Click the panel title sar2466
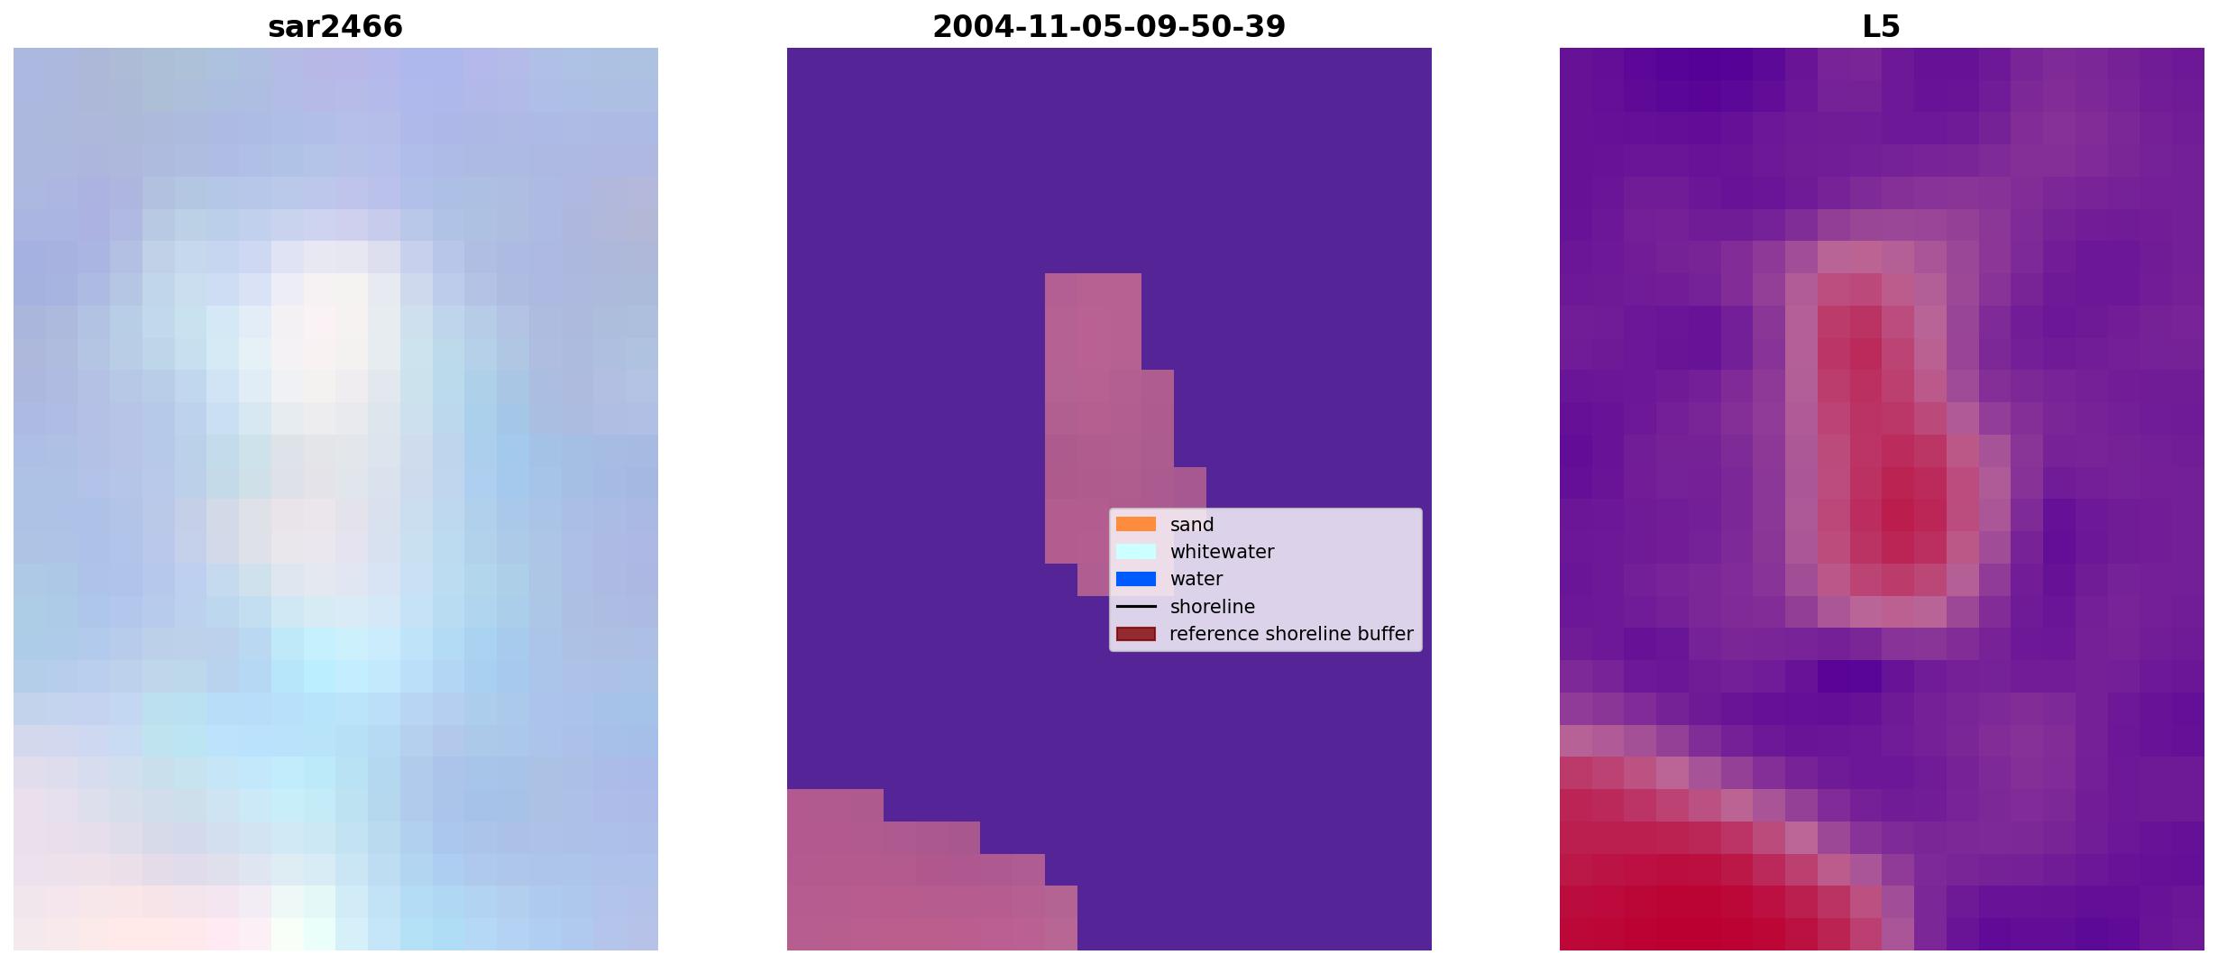click(335, 26)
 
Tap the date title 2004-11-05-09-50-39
click(1109, 26)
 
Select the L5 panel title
click(1881, 26)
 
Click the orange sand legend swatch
click(1136, 524)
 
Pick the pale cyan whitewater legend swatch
click(1136, 551)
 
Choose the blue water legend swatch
click(1136, 579)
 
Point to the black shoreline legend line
click(1136, 606)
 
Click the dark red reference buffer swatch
click(1136, 634)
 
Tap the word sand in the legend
click(1192, 525)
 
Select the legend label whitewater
click(1222, 552)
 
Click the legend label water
click(1196, 579)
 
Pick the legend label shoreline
click(1213, 607)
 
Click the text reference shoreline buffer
click(1291, 634)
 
